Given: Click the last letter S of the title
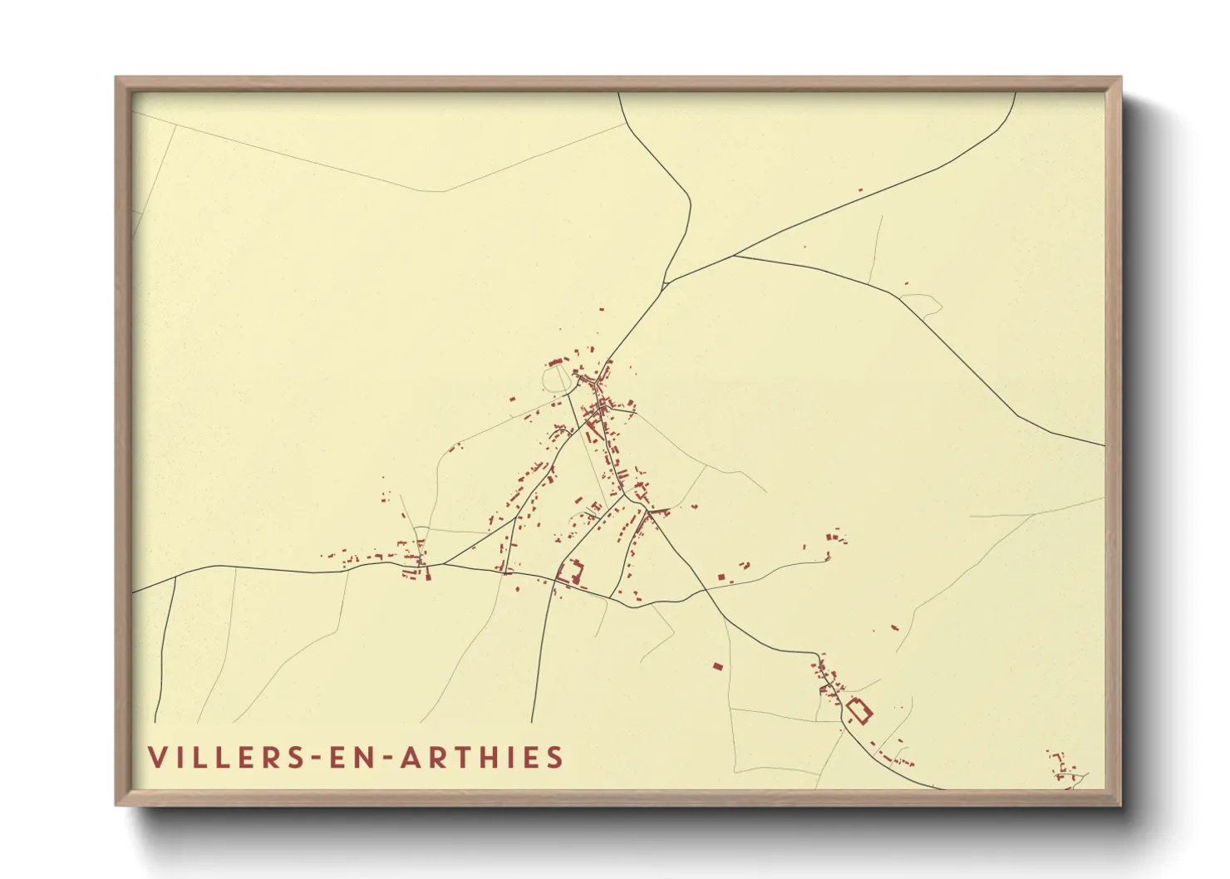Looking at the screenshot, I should point(555,758).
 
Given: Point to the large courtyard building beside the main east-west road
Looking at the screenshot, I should point(571,572).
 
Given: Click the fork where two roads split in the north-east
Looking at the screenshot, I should point(733,256).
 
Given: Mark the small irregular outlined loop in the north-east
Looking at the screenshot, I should point(921,304).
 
